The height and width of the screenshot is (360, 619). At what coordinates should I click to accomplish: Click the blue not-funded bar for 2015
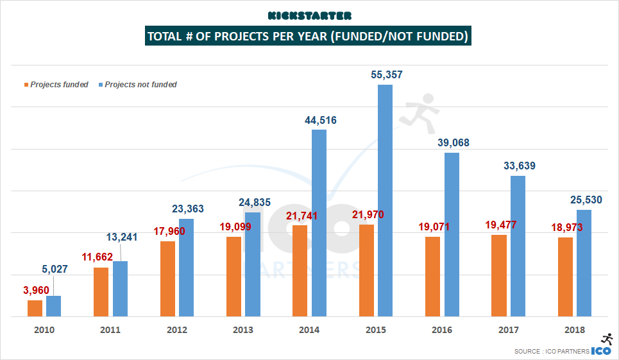pos(385,200)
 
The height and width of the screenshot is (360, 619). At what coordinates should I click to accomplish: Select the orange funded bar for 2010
pos(35,308)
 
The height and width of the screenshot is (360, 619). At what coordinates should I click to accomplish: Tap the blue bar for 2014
pos(319,223)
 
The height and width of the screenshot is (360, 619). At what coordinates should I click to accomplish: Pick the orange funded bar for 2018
pos(565,277)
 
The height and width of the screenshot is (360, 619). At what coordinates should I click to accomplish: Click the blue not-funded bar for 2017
pos(518,246)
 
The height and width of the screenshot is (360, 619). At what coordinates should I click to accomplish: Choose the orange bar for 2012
pos(167,279)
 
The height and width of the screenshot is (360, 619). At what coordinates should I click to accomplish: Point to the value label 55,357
pos(387,75)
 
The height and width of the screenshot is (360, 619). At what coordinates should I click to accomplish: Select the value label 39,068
pos(454,142)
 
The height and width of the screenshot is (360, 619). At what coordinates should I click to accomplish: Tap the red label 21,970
pos(368,214)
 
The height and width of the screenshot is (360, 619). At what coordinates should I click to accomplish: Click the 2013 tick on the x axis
pos(243,330)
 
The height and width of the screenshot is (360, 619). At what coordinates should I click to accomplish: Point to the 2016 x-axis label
pos(442,330)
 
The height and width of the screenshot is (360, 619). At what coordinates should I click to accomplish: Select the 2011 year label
pos(110,330)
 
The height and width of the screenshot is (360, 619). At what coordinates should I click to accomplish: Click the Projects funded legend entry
pos(56,85)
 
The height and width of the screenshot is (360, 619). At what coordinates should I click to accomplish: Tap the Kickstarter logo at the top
pos(309,15)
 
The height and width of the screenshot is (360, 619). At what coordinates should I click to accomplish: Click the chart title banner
pos(309,36)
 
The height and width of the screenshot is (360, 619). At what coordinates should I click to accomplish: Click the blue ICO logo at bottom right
pos(601,350)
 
